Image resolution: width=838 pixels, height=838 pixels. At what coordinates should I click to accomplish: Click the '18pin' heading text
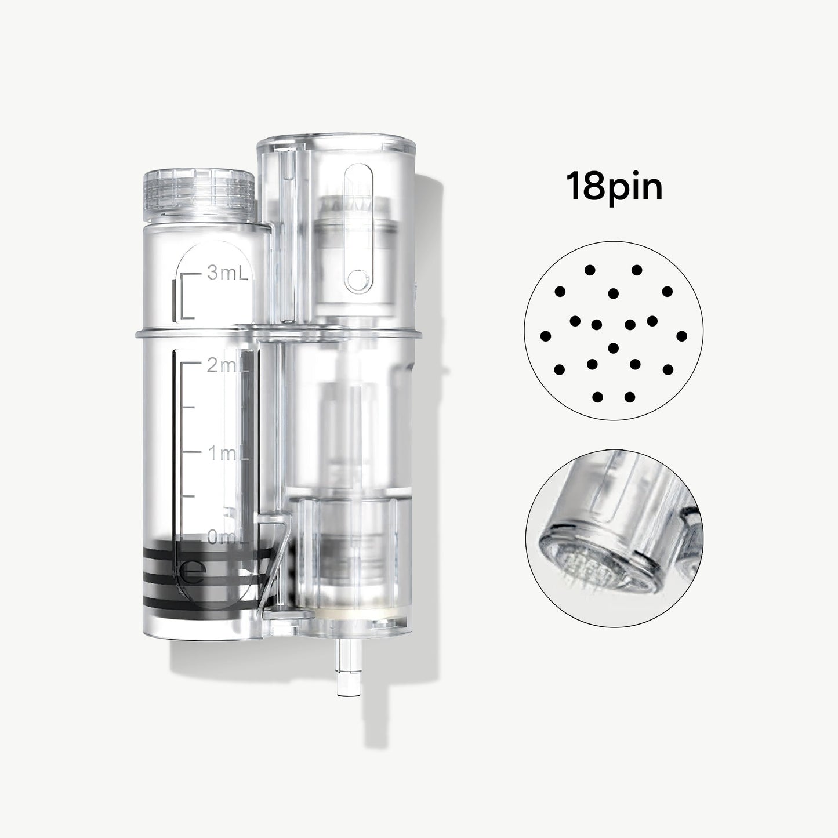tap(614, 187)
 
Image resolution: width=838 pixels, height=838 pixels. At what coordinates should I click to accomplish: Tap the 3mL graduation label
tap(227, 273)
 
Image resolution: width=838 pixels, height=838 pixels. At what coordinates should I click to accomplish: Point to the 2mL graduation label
tap(227, 365)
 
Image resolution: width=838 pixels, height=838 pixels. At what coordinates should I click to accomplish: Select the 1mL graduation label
tap(227, 454)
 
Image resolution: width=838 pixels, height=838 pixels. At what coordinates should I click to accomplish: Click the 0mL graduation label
tap(227, 538)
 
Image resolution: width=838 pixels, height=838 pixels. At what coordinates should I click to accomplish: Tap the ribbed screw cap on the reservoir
tap(199, 195)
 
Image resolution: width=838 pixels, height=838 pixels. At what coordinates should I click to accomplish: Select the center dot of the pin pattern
tap(613, 348)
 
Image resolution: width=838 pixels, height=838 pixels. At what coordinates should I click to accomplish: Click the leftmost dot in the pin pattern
tap(545, 336)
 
